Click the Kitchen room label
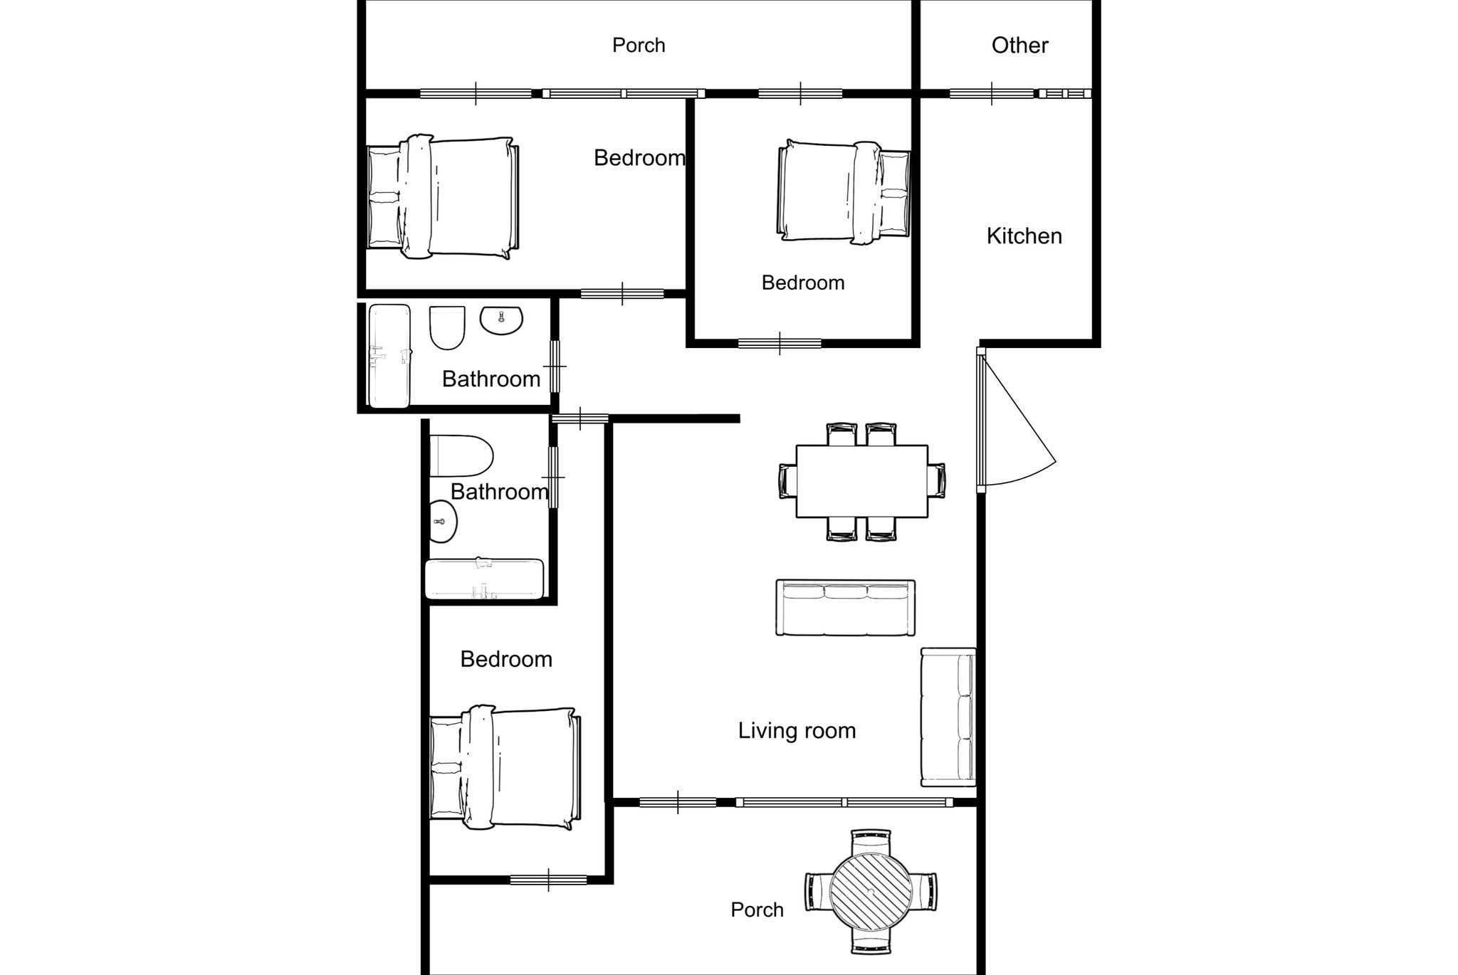coord(1024,236)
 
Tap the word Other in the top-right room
coord(1019,46)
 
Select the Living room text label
coord(797,731)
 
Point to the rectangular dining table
coord(861,481)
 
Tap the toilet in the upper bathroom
coord(447,327)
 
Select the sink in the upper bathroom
coord(501,320)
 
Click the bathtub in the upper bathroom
coord(389,357)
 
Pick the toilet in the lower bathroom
coord(461,455)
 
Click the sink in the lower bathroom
coord(443,521)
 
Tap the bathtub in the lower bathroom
coord(484,579)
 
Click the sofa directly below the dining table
coord(845,608)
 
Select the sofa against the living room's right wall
coord(948,717)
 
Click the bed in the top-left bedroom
coord(443,197)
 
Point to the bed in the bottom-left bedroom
coord(505,768)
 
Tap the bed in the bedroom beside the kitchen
coord(844,193)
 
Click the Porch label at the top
coord(639,46)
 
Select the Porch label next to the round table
coord(757,910)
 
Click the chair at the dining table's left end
coord(787,481)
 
